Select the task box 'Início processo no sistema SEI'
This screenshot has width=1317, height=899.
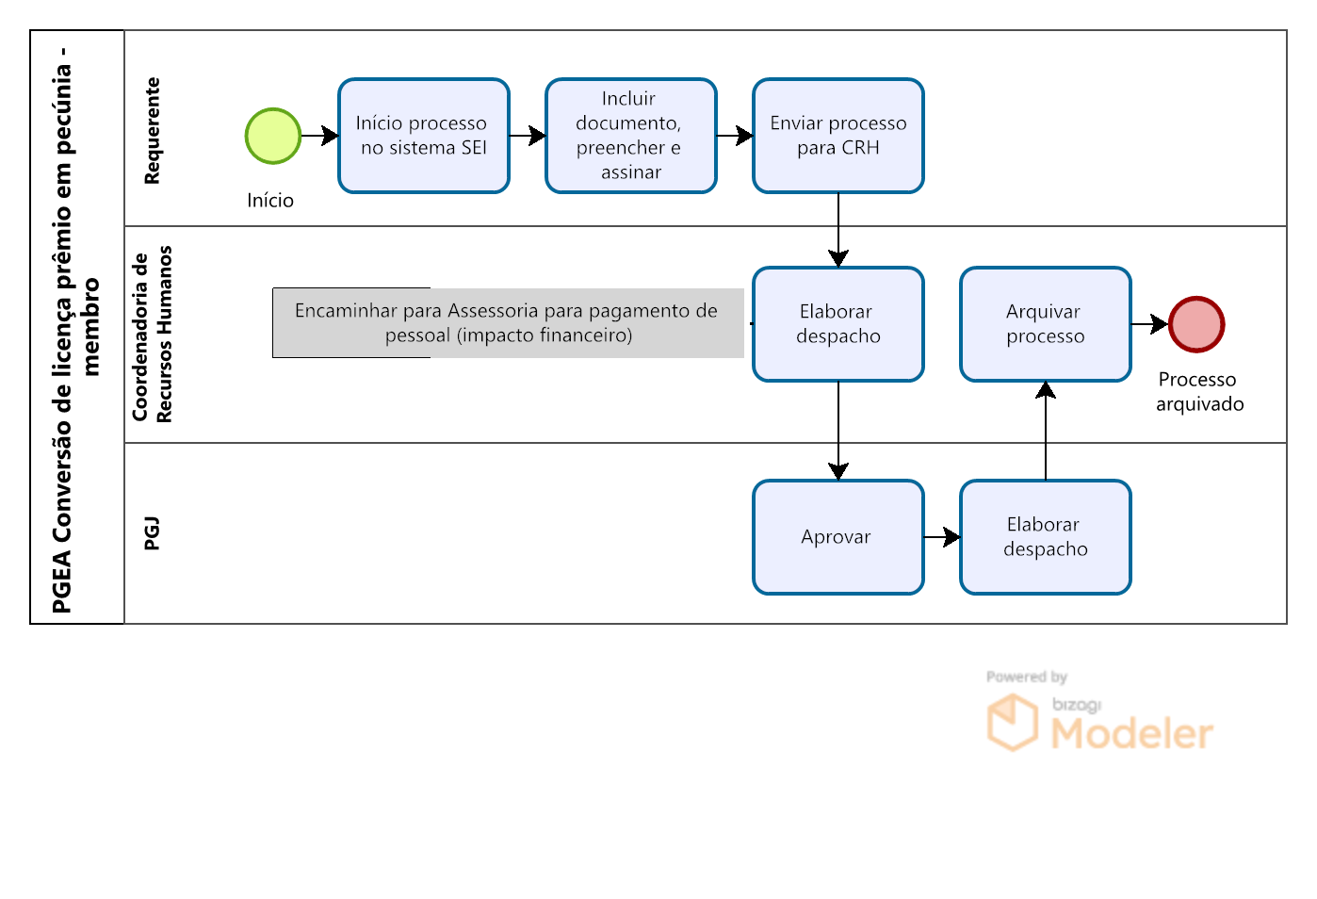pos(423,136)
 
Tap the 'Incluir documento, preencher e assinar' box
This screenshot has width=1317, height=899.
pos(630,136)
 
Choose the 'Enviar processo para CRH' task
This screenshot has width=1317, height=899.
pos(837,136)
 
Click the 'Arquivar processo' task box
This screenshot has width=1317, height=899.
pos(1045,324)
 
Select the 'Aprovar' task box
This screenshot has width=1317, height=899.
pos(837,537)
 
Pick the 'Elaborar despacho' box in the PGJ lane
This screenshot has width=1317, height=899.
pos(1045,537)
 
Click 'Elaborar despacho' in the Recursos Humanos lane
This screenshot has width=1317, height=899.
pos(837,324)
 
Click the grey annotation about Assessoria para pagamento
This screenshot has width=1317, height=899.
pos(508,323)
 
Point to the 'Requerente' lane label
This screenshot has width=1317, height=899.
pos(152,131)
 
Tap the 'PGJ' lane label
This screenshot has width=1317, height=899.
pos(152,533)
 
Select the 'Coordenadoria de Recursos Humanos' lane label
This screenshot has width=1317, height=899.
pos(152,334)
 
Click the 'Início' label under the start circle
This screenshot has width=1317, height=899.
pos(269,201)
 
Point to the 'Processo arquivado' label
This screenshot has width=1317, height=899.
pos(1199,392)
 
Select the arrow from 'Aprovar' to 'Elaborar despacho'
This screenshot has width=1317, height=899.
pos(942,537)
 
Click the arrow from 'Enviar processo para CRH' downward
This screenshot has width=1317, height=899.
pos(837,230)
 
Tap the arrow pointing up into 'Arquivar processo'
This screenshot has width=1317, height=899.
pos(1046,431)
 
